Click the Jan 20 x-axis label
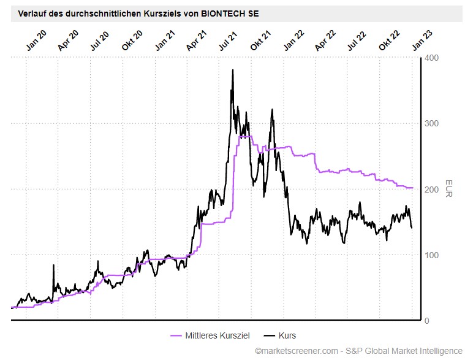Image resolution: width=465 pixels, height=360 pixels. (36, 39)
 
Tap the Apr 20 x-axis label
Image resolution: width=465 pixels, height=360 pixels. (69, 39)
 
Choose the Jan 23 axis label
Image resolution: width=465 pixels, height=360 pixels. (421, 39)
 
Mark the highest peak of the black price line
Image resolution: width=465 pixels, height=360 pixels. (233, 70)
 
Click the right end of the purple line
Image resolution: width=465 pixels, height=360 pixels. (412, 188)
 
